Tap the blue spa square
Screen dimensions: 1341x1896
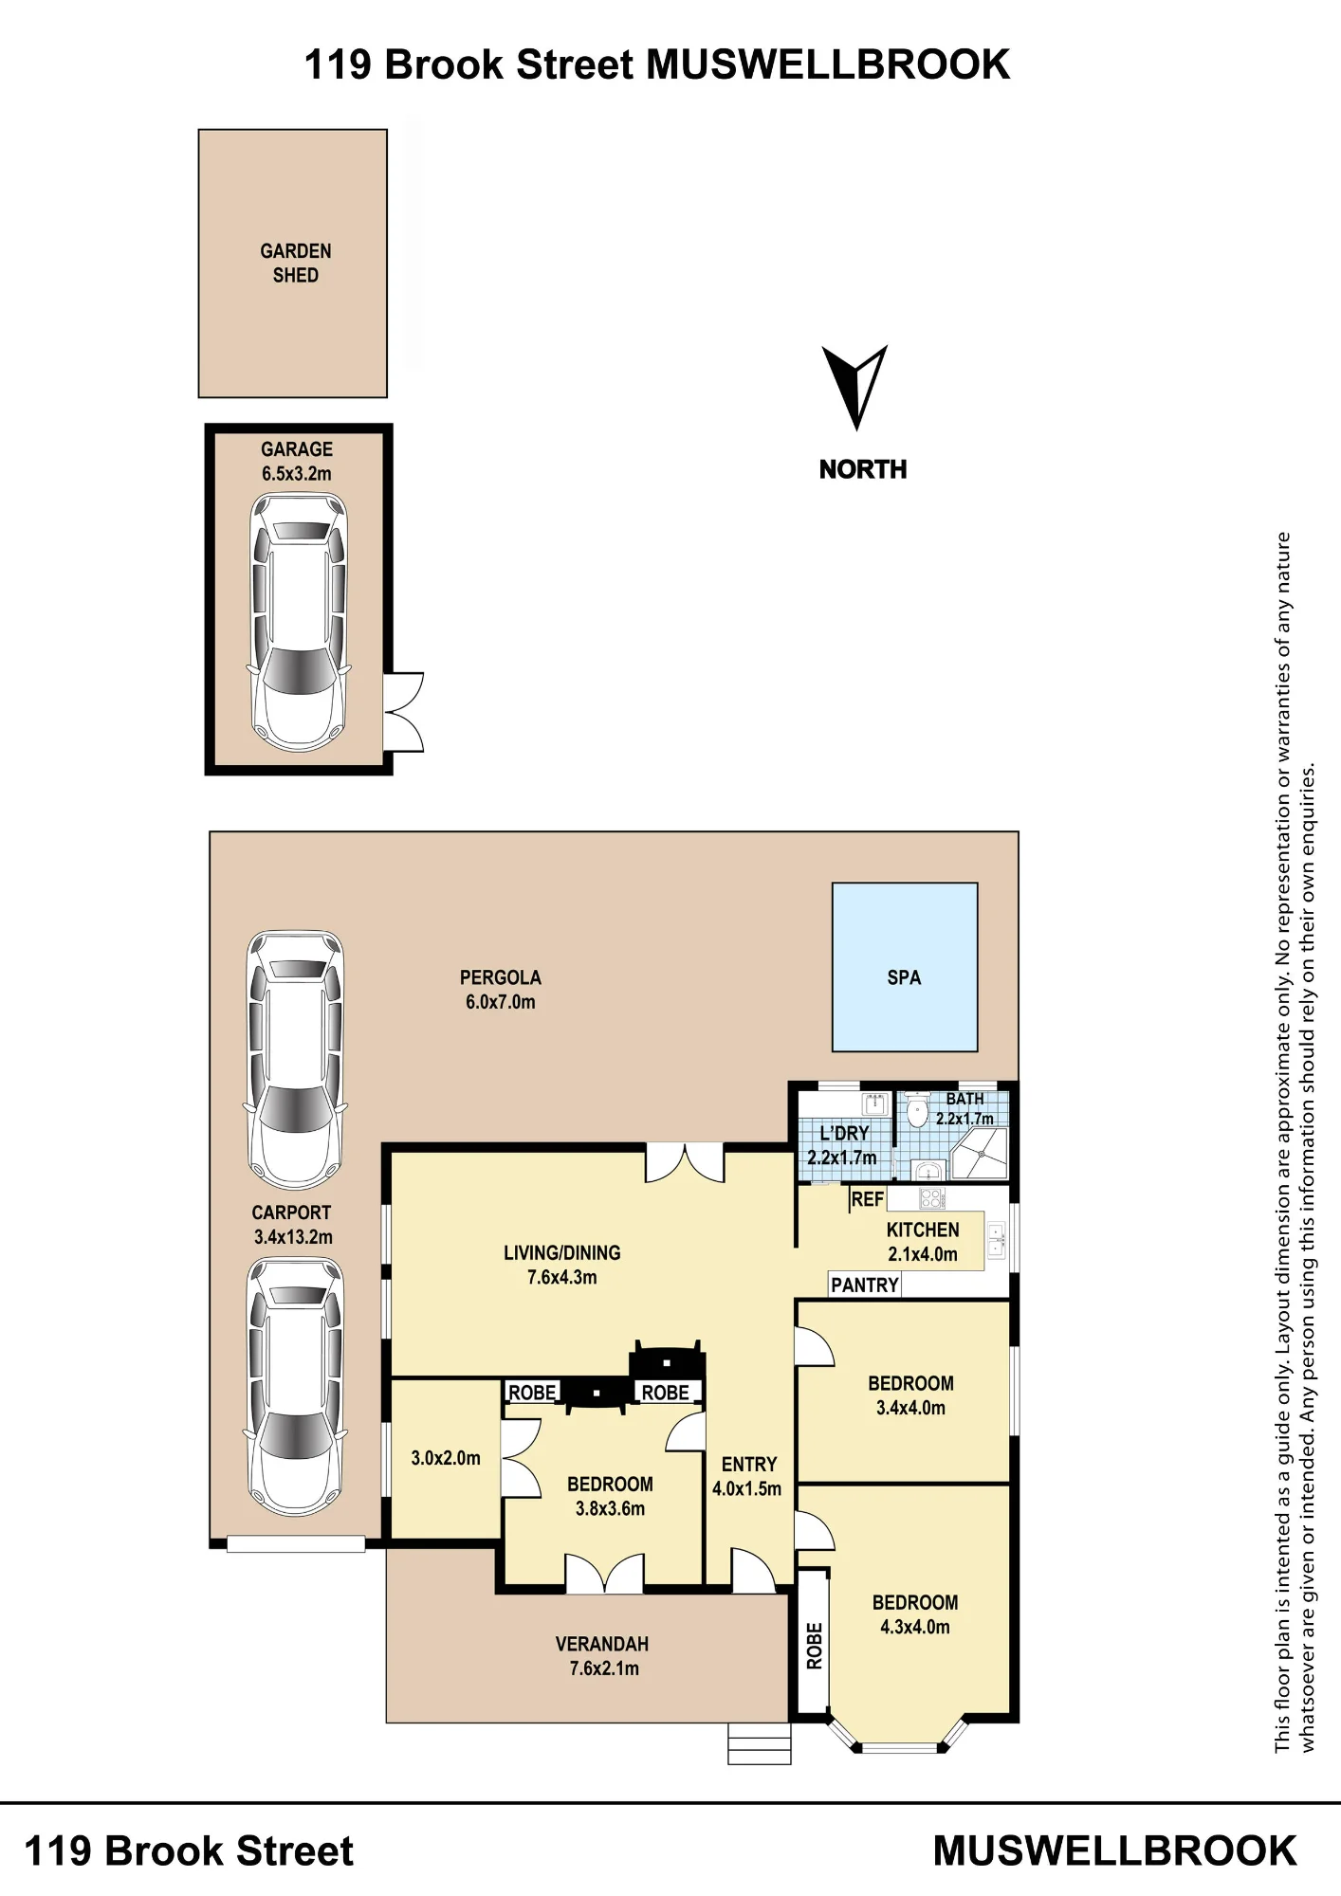coord(905,967)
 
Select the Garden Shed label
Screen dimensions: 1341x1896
coord(296,264)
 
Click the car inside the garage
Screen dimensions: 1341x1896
coord(298,622)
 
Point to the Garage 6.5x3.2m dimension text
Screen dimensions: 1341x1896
coord(297,462)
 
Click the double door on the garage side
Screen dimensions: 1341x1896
coord(403,713)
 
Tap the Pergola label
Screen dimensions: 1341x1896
coord(501,977)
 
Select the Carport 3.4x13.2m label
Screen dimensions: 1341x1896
coord(292,1225)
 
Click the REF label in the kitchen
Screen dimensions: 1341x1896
coord(867,1199)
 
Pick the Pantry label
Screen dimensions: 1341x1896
coord(864,1285)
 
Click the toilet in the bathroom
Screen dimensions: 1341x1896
coord(916,1111)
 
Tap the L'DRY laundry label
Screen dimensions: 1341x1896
coord(844,1133)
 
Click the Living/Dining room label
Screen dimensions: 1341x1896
coord(562,1253)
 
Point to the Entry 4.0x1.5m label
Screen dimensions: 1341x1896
coord(747,1476)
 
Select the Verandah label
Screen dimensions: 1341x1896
coord(602,1644)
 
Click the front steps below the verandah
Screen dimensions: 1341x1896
coord(759,1742)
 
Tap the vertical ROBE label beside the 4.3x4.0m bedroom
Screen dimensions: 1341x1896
coord(815,1646)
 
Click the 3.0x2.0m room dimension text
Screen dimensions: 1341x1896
coord(446,1458)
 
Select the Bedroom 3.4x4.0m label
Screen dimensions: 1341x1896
coord(910,1395)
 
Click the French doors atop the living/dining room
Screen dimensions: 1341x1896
coord(684,1163)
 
